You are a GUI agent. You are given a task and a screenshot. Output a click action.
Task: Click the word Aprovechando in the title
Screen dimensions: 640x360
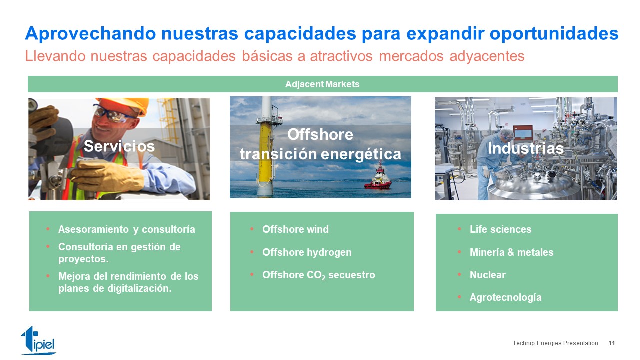90,33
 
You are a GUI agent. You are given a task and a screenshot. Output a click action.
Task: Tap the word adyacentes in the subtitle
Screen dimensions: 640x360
487,56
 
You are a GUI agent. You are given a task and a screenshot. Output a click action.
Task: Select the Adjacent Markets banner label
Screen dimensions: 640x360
322,84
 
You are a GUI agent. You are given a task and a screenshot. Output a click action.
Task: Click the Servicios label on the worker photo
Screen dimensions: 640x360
119,146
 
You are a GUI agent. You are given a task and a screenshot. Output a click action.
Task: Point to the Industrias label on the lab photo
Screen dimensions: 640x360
526,148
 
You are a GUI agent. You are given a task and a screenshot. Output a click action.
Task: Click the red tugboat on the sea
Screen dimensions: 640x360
378,177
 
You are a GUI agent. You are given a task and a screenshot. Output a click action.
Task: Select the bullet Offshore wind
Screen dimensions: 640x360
295,229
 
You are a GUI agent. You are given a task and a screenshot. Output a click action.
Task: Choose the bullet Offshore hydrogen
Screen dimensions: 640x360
307,252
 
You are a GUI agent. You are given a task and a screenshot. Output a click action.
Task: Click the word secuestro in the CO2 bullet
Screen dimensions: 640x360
352,275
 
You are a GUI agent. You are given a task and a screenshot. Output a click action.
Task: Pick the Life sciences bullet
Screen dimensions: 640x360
501,229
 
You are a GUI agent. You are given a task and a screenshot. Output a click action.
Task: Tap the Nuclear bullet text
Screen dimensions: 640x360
488,275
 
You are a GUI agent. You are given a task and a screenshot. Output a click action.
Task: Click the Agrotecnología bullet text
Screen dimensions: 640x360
506,297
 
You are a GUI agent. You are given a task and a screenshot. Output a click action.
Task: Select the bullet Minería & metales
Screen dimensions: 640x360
511,252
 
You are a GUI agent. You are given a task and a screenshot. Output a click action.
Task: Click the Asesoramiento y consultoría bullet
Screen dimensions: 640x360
127,229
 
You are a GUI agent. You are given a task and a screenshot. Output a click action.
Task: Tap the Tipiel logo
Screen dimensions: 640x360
38,340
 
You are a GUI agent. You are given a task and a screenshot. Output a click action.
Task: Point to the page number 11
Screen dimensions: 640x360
611,343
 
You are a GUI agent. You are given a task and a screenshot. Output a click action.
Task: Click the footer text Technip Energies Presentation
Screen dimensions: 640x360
555,343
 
